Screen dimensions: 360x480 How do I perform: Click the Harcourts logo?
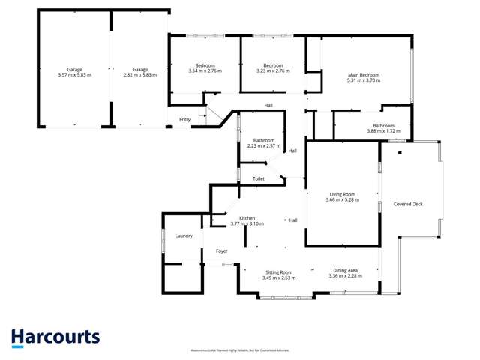pyautogui.click(x=55, y=337)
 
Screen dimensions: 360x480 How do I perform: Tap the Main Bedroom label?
pyautogui.click(x=364, y=75)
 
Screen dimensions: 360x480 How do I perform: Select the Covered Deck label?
pyautogui.click(x=409, y=204)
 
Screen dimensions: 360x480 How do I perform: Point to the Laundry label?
pyautogui.click(x=184, y=236)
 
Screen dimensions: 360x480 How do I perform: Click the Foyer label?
pyautogui.click(x=222, y=250)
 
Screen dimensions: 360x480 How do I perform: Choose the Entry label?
pyautogui.click(x=184, y=120)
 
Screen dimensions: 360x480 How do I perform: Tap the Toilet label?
pyautogui.click(x=259, y=178)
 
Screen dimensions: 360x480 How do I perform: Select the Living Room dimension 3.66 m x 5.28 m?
pyautogui.click(x=343, y=199)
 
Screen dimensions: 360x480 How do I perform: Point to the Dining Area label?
pyautogui.click(x=345, y=270)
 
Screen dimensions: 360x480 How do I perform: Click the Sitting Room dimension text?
pyautogui.click(x=277, y=277)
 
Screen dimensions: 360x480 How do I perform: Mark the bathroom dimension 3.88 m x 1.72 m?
pyautogui.click(x=382, y=131)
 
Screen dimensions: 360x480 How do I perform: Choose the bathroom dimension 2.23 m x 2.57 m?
pyautogui.click(x=263, y=145)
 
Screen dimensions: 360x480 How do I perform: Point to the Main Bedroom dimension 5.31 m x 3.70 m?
pyautogui.click(x=364, y=80)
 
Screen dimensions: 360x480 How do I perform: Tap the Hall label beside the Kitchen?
pyautogui.click(x=294, y=220)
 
